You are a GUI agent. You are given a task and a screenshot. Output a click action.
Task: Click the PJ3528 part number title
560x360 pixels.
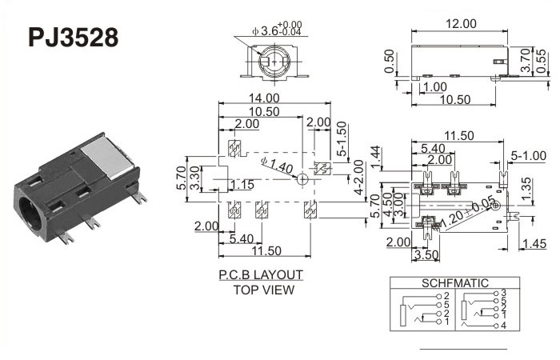pos(73,38)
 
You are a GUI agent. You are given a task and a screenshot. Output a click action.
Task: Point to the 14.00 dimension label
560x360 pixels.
pos(275,98)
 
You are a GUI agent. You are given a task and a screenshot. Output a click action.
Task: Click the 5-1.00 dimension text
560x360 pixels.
pos(528,154)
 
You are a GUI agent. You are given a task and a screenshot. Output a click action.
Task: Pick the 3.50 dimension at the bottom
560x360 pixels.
pos(426,256)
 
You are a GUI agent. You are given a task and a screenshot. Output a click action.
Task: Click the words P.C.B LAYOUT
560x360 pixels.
pos(262,274)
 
